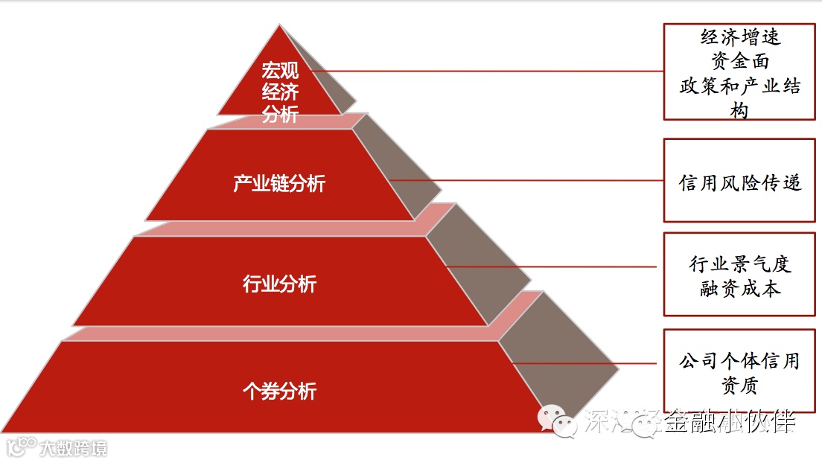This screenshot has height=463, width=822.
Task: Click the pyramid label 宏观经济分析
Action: (x=280, y=92)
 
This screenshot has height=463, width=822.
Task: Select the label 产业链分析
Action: (x=279, y=183)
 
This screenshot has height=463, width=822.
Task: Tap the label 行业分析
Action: (x=279, y=284)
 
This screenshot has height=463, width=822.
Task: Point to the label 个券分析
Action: (x=279, y=391)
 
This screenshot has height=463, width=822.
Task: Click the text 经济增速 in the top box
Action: (x=740, y=36)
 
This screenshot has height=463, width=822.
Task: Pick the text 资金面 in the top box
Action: (x=740, y=60)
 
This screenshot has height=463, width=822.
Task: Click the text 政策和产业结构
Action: (x=740, y=86)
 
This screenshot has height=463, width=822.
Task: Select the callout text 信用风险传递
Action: (x=740, y=182)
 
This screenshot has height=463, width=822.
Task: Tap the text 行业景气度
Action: (x=740, y=264)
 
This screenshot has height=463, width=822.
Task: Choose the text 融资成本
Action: (x=740, y=289)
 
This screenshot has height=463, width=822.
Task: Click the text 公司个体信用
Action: (x=740, y=362)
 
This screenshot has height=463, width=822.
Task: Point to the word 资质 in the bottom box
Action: (x=740, y=386)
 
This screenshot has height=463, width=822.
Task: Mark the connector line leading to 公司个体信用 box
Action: (x=581, y=364)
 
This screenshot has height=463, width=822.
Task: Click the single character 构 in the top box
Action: (x=740, y=110)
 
